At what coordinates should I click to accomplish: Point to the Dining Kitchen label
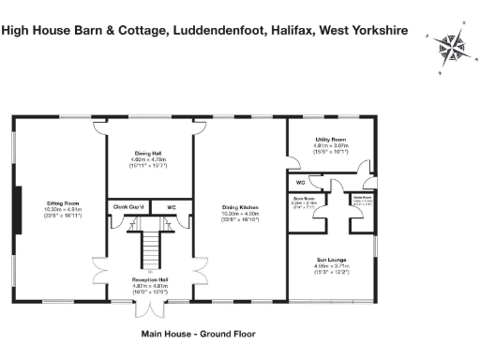239,207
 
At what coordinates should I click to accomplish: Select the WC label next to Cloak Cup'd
172,206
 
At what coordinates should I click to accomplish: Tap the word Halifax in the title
287,29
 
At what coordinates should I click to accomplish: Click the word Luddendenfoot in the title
210,29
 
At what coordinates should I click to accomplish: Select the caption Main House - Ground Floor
198,333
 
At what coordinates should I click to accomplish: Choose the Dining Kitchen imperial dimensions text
239,221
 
